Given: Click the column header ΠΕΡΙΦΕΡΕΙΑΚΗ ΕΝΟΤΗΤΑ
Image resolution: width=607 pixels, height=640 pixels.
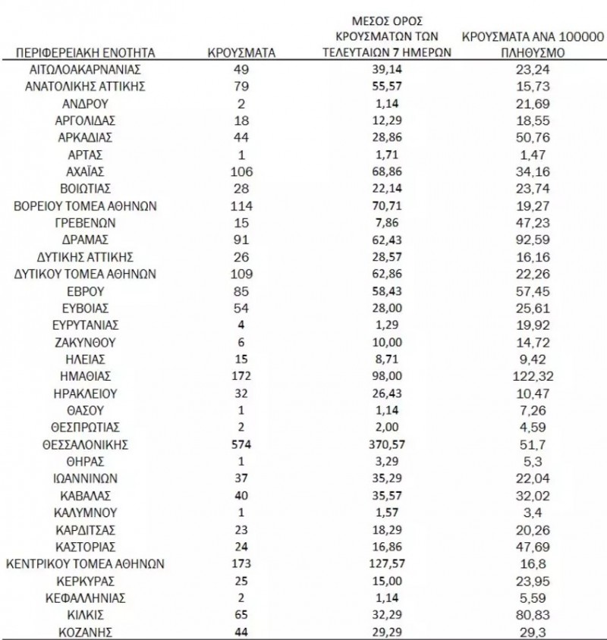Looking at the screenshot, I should pos(85,52).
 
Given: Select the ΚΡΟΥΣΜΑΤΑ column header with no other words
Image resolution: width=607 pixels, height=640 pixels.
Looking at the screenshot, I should pos(241,52).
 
